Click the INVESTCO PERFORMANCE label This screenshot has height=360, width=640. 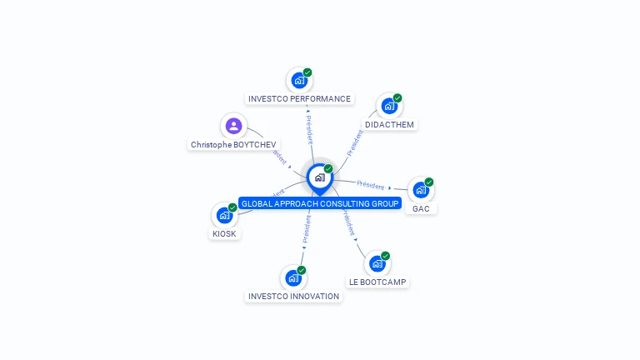coord(299,99)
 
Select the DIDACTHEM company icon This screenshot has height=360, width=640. coord(388,106)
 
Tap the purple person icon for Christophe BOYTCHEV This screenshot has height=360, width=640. coord(233,126)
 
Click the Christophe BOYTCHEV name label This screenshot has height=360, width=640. coord(233,145)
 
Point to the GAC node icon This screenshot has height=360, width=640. coord(420,189)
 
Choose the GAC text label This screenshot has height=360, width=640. coord(421,208)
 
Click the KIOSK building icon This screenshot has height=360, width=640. coord(224,215)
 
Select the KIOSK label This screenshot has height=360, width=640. coord(224,234)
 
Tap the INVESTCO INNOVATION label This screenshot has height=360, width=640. coord(293,296)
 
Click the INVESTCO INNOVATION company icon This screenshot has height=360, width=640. coord(292,277)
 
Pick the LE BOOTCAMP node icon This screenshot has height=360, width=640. coord(377,263)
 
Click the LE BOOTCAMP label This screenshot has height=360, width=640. coord(377,282)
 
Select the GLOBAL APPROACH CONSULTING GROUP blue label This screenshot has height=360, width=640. coord(320,203)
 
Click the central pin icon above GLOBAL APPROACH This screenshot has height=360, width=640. coord(319,177)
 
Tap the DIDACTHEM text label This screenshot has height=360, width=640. coord(389,125)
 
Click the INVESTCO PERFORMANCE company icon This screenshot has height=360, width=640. coord(298,80)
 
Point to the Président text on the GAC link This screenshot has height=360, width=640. coord(370,185)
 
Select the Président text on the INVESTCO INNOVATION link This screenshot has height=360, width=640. coord(307,228)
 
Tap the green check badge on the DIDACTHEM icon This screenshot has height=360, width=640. coord(397,98)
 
